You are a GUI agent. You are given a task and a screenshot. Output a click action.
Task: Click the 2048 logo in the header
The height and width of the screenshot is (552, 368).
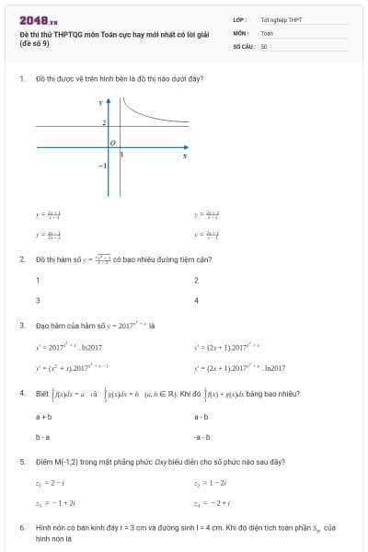coord(38,20)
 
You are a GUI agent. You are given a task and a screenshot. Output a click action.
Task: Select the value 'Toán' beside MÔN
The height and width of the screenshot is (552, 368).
coord(267,32)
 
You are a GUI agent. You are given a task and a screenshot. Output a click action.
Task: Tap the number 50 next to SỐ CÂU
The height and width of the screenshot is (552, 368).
coord(264,45)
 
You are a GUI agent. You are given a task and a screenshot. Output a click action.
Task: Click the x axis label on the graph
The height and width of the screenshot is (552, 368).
coord(185,156)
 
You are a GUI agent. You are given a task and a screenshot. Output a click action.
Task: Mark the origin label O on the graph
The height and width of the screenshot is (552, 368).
coord(112,143)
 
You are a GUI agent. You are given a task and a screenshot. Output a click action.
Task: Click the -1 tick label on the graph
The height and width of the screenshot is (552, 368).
coord(104,166)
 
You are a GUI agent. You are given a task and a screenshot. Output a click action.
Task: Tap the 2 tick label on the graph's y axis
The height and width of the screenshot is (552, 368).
coord(104,122)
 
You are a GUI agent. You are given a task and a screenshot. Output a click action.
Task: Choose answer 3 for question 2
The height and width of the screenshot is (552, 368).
coord(38,300)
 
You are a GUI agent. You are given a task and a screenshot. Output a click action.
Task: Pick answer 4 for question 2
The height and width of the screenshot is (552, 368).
coord(196,300)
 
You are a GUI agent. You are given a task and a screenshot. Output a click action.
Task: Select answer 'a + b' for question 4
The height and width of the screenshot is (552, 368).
coord(43,417)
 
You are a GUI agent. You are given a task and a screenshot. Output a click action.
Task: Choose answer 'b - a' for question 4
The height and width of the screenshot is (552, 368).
coord(42,437)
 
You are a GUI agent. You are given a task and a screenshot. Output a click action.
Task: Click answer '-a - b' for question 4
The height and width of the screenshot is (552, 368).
coord(201,437)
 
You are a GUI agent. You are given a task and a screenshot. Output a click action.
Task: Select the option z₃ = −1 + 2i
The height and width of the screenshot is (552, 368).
coord(54,502)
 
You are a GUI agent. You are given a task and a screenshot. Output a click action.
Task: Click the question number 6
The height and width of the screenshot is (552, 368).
coord(21,528)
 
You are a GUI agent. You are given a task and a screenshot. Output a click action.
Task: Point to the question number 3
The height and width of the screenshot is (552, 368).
coord(21,325)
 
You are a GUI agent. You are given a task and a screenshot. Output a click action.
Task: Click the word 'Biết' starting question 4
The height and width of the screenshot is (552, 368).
coord(42,394)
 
